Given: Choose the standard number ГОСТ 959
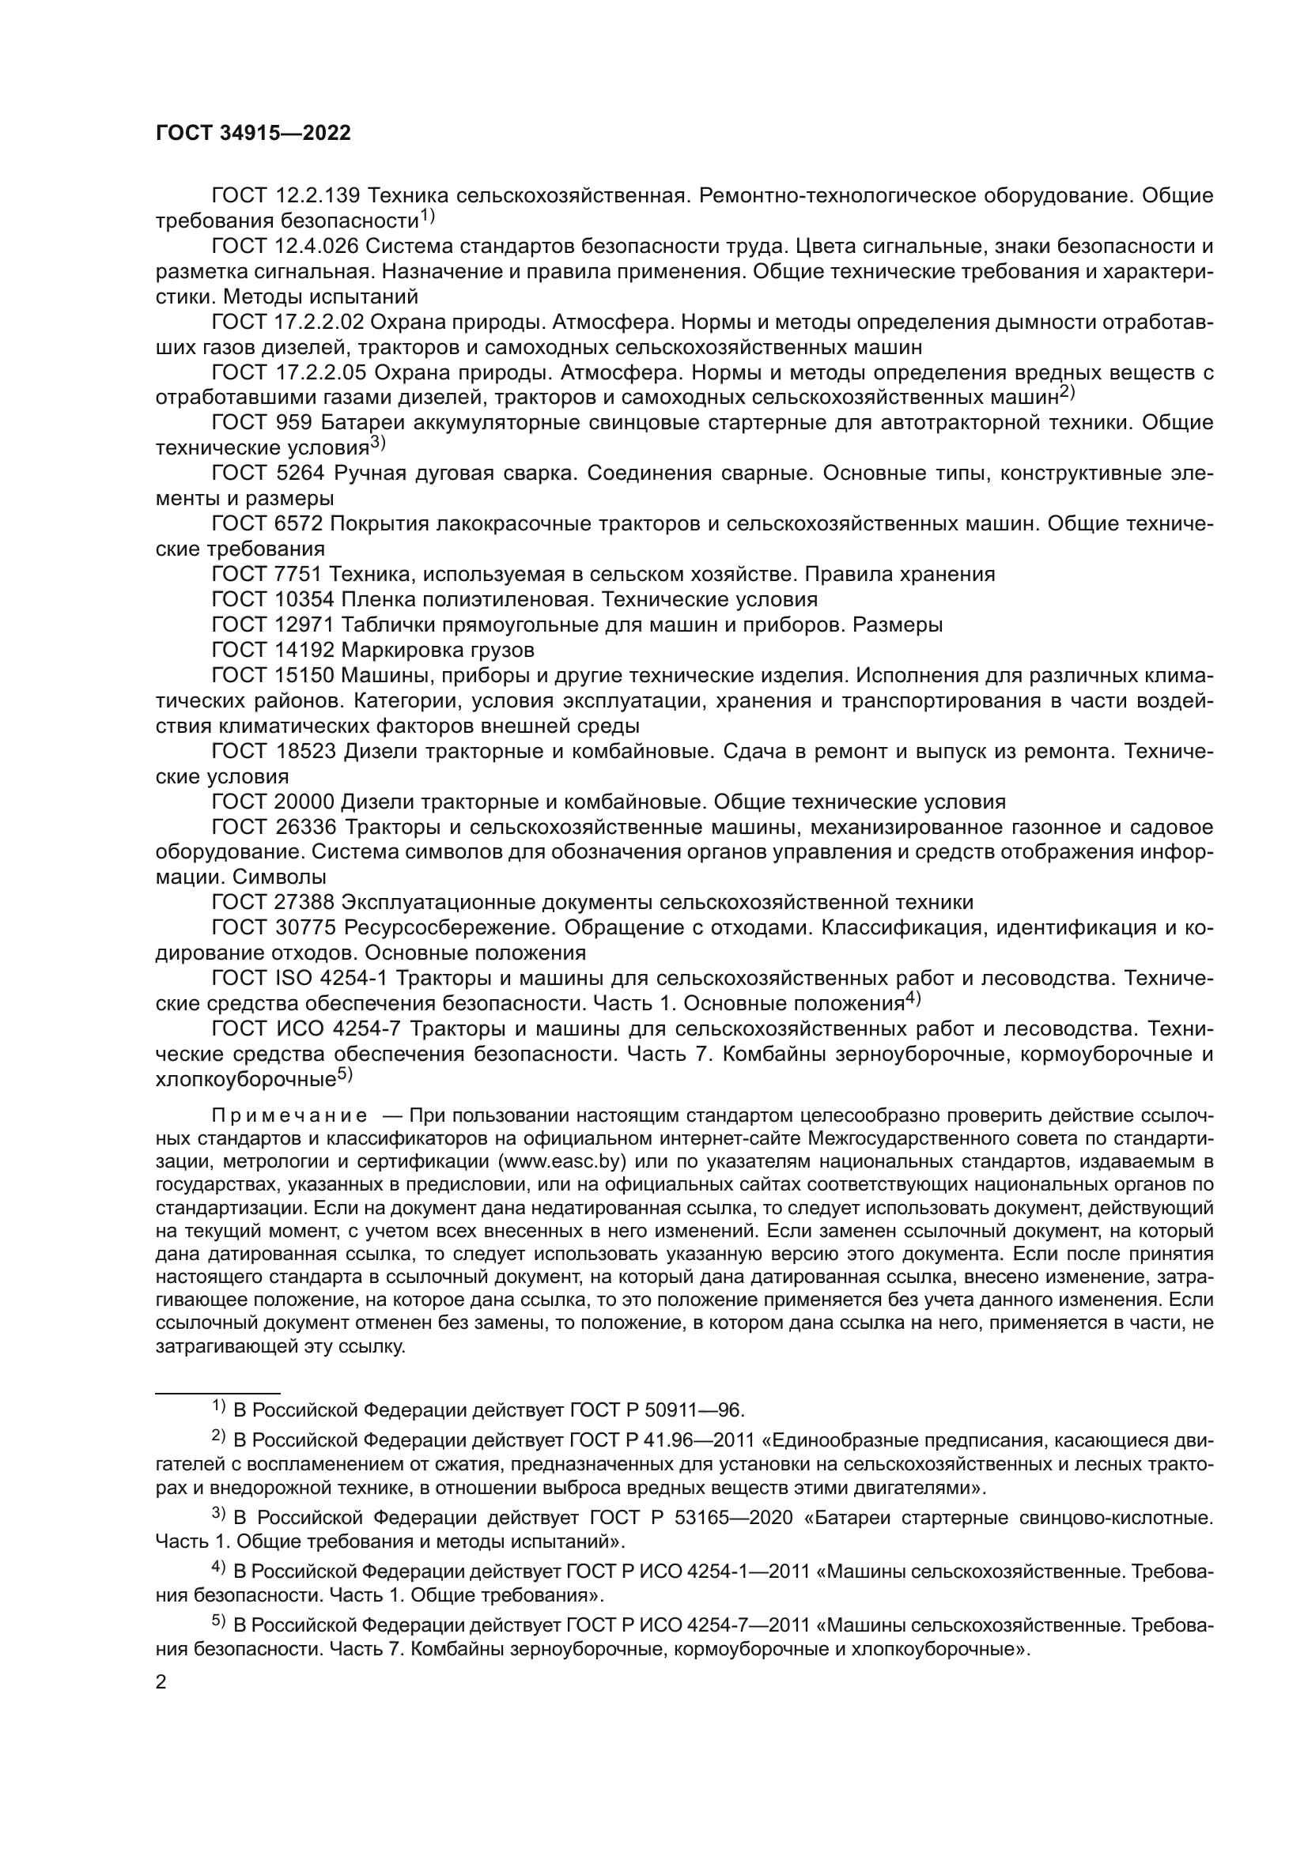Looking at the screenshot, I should pos(266,423).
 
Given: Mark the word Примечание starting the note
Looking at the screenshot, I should pos(290,1116).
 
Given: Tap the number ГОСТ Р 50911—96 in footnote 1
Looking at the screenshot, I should pos(656,1409).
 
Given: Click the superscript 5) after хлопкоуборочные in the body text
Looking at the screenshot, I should pos(345,1074).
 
